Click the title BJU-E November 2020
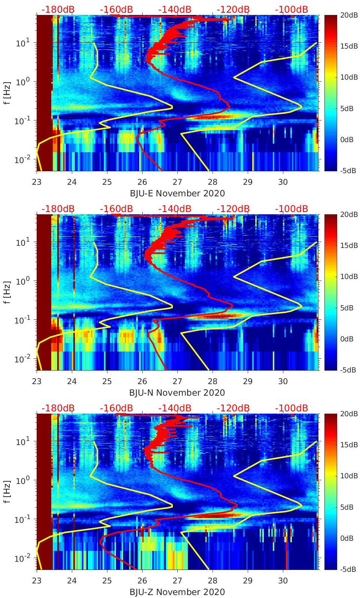point(177,193)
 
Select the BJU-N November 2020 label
point(177,393)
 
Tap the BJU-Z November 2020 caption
point(177,592)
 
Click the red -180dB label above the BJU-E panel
point(58,9)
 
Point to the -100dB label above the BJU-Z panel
point(291,408)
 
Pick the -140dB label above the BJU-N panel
point(174,209)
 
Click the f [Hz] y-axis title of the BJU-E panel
point(7,93)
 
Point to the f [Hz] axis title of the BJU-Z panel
point(7,492)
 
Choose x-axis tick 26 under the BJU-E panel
point(142,182)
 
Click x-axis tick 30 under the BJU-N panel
point(283,381)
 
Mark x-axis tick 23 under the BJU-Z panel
point(37,581)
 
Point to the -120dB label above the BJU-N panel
point(233,209)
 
